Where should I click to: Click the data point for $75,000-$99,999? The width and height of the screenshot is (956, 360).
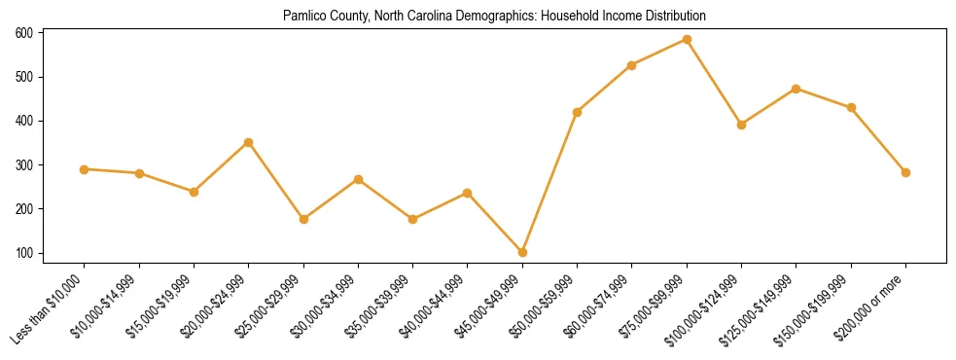(x=687, y=40)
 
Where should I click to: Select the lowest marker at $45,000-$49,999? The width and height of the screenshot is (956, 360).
(x=522, y=252)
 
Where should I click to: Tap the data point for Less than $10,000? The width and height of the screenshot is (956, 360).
(x=85, y=169)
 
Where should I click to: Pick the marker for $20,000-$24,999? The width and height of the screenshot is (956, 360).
(x=249, y=142)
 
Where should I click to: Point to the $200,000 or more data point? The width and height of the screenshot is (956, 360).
(x=905, y=172)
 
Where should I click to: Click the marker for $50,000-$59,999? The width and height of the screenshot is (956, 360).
(x=578, y=112)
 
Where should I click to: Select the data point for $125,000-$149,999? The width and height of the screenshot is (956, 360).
(x=797, y=89)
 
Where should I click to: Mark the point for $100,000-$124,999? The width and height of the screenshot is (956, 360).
(x=741, y=125)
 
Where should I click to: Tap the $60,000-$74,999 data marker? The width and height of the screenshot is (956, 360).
(x=632, y=65)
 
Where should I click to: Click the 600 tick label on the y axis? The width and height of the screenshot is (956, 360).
(x=24, y=33)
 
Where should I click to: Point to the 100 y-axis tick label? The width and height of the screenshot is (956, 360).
(x=24, y=253)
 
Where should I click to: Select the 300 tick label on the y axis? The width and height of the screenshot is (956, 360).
(x=24, y=165)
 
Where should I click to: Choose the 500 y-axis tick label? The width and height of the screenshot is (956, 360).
(x=24, y=77)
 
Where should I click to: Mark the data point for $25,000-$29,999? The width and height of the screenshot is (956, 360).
(x=303, y=219)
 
